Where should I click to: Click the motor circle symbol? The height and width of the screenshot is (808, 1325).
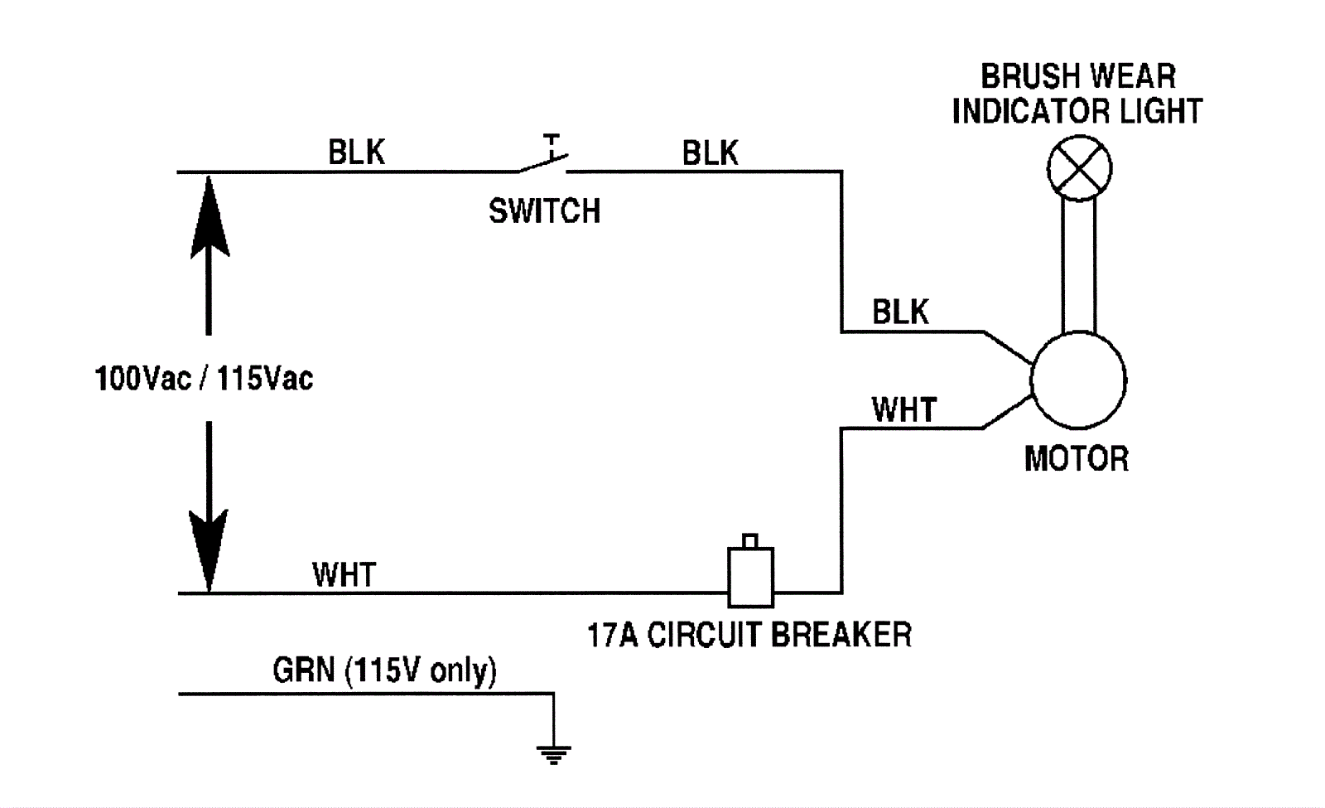pyautogui.click(x=1077, y=380)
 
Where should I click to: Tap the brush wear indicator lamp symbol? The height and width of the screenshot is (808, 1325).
pyautogui.click(x=1078, y=168)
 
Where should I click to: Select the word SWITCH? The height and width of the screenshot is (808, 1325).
pyautogui.click(x=544, y=211)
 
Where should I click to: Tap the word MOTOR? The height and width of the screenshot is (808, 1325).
pyautogui.click(x=1076, y=458)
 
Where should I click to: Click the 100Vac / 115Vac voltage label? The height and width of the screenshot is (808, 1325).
pyautogui.click(x=204, y=379)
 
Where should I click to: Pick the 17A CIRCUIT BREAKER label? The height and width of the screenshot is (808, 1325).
pyautogui.click(x=749, y=635)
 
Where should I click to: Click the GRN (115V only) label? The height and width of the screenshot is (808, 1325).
pyautogui.click(x=384, y=670)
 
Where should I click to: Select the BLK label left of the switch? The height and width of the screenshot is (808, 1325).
pyautogui.click(x=357, y=152)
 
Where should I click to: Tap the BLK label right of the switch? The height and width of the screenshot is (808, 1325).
pyautogui.click(x=710, y=153)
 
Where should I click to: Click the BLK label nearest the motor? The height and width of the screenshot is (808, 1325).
pyautogui.click(x=900, y=312)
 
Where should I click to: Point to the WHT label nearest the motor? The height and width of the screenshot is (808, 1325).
pyautogui.click(x=903, y=410)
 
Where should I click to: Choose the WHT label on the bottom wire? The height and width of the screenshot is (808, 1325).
pyautogui.click(x=344, y=574)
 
